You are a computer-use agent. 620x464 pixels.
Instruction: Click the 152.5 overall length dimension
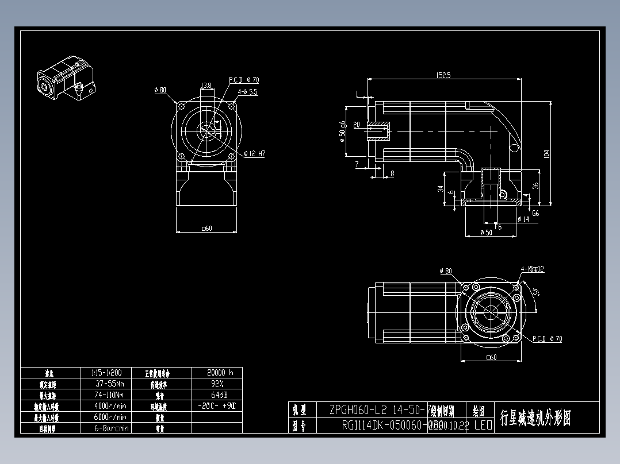(443, 75)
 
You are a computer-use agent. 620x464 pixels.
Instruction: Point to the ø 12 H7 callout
(254, 154)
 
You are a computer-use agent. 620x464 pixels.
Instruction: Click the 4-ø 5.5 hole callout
(248, 91)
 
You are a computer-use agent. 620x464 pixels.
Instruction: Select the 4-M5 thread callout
(532, 269)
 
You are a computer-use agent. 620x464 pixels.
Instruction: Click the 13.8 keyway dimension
(205, 86)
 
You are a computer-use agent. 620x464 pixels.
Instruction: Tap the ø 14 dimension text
(523, 219)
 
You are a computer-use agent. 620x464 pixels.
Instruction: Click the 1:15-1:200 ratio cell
(106, 372)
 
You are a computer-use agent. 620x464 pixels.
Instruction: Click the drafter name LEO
(483, 426)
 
